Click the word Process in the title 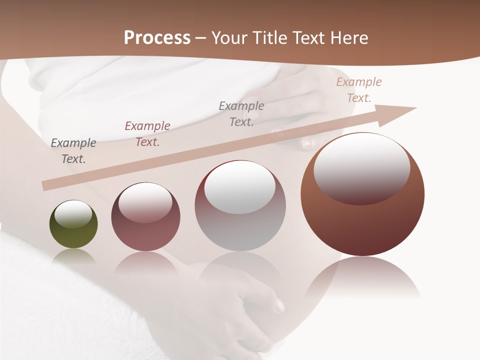coord(157,38)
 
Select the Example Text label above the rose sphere coord(147,134)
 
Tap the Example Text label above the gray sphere coord(241,114)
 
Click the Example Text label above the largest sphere coord(359,90)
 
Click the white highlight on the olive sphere coord(73,214)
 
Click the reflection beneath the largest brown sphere coord(362,277)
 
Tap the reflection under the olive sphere coord(73,256)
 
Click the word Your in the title coord(227,38)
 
